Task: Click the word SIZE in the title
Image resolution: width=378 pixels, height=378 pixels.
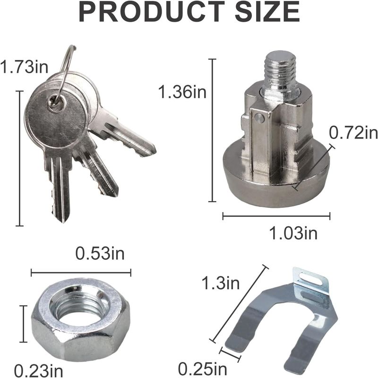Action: tap(267, 11)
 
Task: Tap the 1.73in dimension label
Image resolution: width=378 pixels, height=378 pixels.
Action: tap(24, 67)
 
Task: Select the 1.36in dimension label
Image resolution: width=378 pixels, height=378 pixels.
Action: tap(182, 92)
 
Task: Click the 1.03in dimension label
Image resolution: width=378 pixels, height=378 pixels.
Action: tap(293, 233)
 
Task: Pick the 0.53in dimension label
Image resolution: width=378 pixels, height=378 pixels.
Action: tap(100, 253)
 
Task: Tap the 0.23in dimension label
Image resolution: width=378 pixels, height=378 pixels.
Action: tap(39, 370)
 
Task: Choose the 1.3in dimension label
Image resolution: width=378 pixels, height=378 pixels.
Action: tap(221, 283)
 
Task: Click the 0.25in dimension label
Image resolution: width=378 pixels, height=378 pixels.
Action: tap(203, 369)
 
